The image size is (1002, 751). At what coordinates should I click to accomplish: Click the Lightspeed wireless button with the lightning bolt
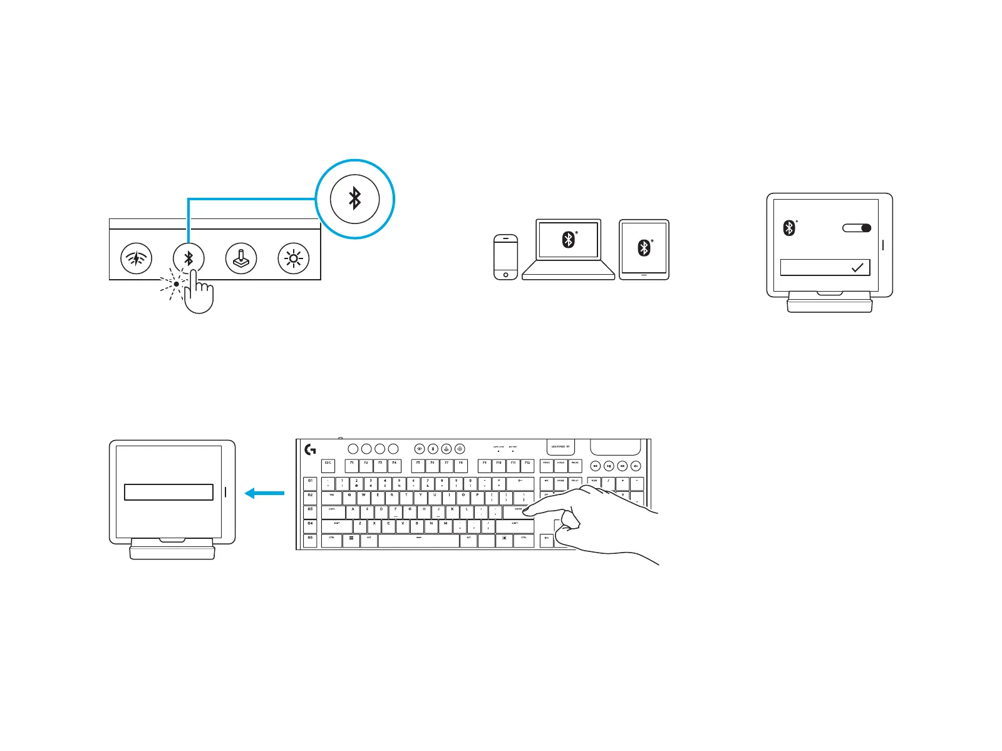tap(136, 258)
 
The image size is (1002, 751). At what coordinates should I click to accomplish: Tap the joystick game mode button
tap(241, 258)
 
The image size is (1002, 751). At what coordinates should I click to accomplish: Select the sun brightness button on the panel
tap(294, 258)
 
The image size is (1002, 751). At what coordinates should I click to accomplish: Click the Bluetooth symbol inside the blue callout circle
tap(355, 199)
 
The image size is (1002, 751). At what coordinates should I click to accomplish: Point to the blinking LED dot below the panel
tap(177, 284)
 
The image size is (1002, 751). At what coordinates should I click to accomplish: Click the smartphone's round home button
tap(506, 275)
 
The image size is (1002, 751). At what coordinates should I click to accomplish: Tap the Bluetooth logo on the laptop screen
tap(568, 240)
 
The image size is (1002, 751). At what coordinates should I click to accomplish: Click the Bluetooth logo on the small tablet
tap(644, 248)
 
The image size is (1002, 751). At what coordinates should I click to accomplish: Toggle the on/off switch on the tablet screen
tap(857, 228)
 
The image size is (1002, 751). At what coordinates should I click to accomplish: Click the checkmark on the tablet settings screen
tap(857, 268)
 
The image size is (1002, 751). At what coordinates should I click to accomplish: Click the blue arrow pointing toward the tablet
tap(264, 494)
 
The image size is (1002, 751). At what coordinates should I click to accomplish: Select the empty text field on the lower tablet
tap(168, 492)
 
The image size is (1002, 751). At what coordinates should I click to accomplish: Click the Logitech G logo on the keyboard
tap(310, 449)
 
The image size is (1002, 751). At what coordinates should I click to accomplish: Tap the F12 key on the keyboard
tap(527, 466)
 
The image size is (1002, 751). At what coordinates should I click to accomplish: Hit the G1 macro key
tap(310, 483)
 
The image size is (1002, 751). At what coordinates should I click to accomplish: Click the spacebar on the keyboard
tap(419, 540)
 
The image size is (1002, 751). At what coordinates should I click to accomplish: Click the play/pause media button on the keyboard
tap(609, 466)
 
